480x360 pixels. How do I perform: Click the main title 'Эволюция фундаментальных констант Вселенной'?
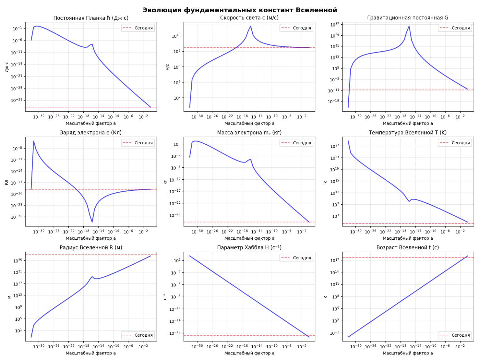click(x=240, y=10)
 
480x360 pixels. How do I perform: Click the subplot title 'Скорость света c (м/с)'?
click(x=249, y=18)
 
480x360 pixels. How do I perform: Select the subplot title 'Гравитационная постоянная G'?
click(x=408, y=18)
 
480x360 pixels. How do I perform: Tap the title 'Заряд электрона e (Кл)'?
click(x=91, y=133)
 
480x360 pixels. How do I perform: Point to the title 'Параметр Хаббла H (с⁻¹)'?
click(x=249, y=247)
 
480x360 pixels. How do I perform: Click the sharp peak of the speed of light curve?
click(x=250, y=26)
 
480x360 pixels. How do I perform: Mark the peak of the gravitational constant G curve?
click(x=409, y=26)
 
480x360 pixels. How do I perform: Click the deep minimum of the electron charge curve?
click(x=92, y=222)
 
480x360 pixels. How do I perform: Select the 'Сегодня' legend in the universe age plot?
click(x=455, y=335)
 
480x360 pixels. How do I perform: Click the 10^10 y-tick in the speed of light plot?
click(x=176, y=36)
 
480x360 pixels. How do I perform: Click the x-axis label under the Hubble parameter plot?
click(x=249, y=353)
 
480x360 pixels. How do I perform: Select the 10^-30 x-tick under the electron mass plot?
click(x=197, y=231)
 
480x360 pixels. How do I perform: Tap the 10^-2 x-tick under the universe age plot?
click(x=460, y=346)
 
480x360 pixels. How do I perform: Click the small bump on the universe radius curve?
click(x=92, y=277)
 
